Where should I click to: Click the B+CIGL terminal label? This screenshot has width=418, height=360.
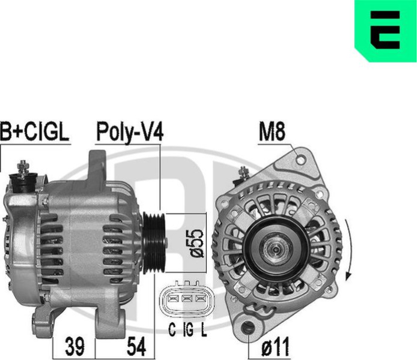[x=35, y=131]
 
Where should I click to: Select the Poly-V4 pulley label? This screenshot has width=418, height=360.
[x=130, y=132]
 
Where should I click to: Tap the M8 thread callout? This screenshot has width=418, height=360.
[x=272, y=131]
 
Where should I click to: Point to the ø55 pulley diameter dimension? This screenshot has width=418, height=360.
[x=197, y=243]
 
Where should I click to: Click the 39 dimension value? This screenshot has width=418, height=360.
[x=74, y=346]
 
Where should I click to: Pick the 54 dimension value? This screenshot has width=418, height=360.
[x=136, y=346]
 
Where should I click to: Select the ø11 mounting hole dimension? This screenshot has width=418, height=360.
[x=276, y=346]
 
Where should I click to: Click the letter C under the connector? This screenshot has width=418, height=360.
[x=172, y=329]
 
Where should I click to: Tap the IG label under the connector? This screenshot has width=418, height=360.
[x=188, y=329]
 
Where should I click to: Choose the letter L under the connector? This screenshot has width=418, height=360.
[x=204, y=329]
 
